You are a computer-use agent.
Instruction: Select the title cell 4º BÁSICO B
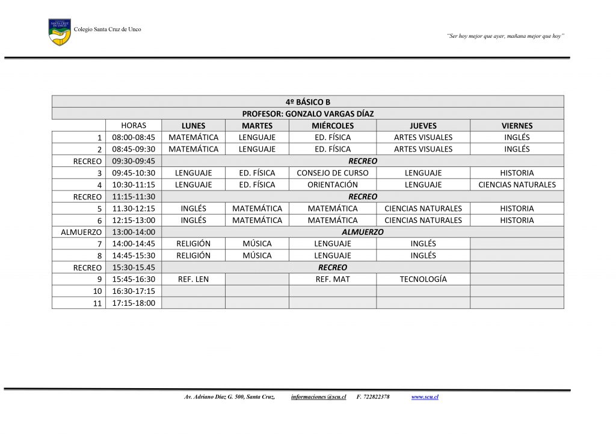point(308,102)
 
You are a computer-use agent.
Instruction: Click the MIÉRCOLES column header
point(333,126)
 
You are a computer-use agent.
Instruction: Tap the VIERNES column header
point(517,126)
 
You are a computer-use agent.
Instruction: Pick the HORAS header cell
point(134,126)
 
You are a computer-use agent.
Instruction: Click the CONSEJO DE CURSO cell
point(333,173)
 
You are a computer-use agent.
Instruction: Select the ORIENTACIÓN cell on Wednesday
point(333,185)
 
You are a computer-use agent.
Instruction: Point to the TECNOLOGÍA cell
point(423,279)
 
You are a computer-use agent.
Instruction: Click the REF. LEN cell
point(193,279)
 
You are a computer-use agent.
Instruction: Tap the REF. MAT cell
point(333,279)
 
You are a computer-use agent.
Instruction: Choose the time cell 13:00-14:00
point(134,232)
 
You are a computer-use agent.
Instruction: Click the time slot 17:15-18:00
point(134,303)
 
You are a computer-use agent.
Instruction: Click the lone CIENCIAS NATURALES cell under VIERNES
point(517,185)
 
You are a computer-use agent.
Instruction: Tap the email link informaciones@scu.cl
point(318,397)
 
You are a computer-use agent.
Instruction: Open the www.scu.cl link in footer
point(425,397)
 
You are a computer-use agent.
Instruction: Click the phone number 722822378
point(377,397)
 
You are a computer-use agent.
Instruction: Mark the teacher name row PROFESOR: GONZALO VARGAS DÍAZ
point(308,114)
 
